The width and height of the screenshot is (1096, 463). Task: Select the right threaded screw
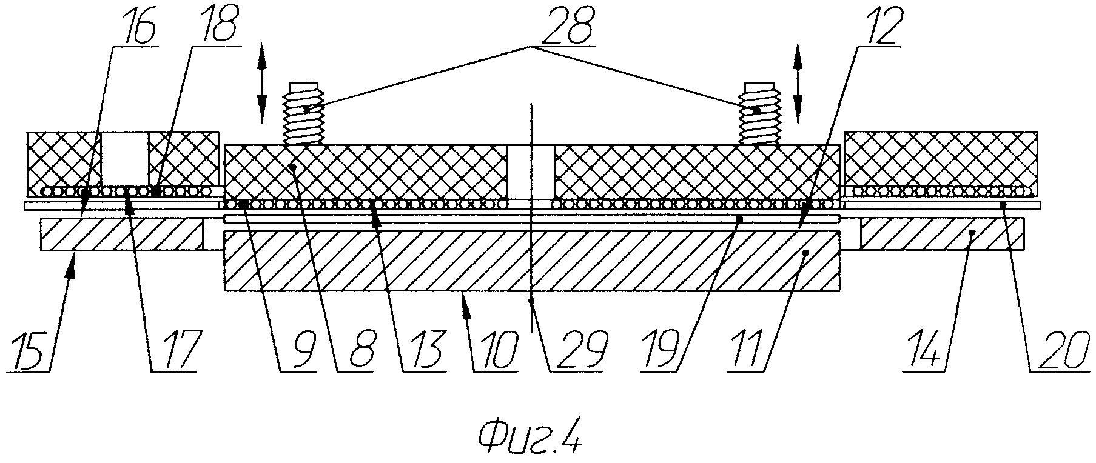(759, 114)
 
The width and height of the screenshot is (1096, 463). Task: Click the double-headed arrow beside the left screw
(261, 83)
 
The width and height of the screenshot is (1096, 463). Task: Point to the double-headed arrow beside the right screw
(797, 83)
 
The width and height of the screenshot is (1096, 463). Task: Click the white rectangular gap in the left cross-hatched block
(124, 159)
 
